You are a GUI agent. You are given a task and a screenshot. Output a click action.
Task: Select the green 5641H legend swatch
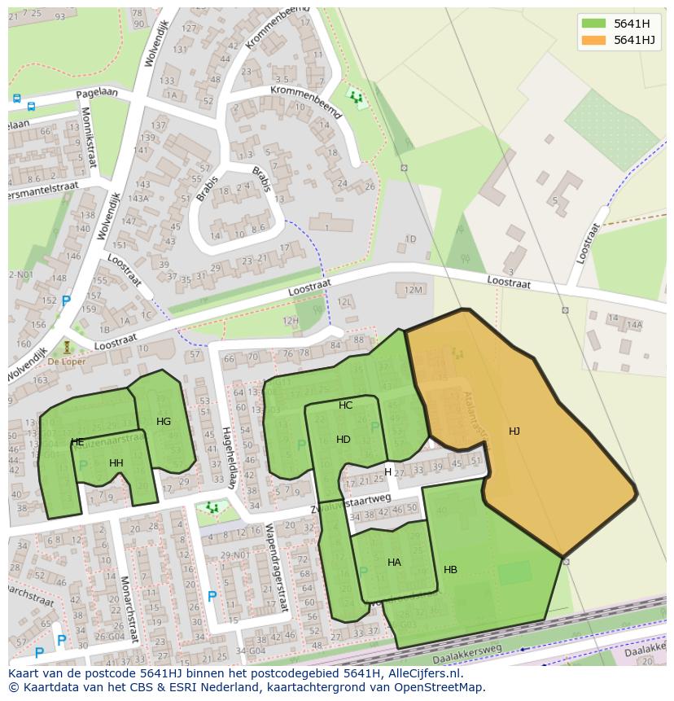coord(594,24)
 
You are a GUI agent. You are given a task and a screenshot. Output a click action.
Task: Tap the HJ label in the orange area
coord(514,432)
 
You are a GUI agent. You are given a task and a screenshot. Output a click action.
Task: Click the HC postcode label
coord(346,405)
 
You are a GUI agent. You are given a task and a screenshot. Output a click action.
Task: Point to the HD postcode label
coord(344,440)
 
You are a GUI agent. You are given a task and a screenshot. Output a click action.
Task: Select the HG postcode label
coord(164,422)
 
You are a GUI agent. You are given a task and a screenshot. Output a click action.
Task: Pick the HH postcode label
coord(116,463)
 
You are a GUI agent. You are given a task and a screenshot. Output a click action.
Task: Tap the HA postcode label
coord(394,563)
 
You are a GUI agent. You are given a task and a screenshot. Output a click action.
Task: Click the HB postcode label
coord(450,570)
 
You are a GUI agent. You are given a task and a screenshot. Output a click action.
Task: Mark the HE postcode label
coord(77,443)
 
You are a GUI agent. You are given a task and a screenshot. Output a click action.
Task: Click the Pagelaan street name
coord(97,94)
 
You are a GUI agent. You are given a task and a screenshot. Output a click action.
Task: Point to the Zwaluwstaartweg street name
coord(351,505)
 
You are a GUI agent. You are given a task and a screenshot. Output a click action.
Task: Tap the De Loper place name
coord(66,361)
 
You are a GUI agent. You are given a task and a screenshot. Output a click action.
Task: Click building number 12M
coord(414,290)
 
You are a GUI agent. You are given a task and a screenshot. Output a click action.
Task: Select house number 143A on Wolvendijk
coord(138,198)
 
